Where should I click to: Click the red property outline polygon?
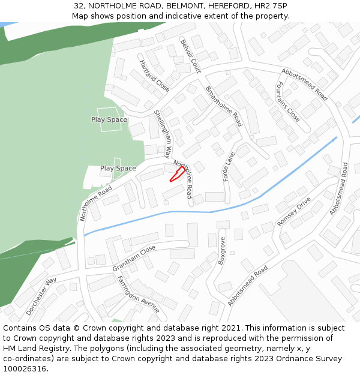pos(177,174)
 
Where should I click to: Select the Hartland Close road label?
pos(154,76)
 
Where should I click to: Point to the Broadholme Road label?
pos(224,106)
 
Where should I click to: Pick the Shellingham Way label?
pos(163,133)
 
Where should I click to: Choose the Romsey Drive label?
pos(294,211)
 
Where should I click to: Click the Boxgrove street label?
pos(221,251)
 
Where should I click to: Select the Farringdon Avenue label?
pos(138,294)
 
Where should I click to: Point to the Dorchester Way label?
pos(41,296)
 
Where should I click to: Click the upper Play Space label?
pos(109,119)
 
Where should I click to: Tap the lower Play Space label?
pos(118,169)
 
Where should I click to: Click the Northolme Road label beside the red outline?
pos(184,179)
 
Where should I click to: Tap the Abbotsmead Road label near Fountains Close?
pos(304,83)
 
